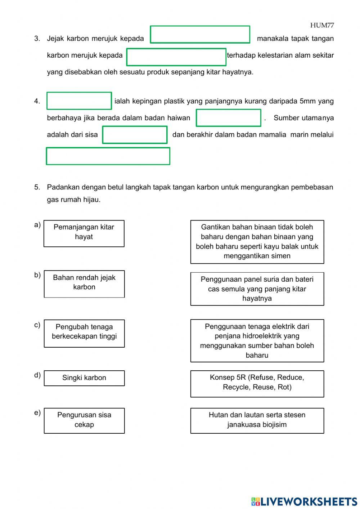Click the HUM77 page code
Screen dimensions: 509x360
point(322,25)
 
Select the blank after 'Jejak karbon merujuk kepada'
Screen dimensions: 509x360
point(200,35)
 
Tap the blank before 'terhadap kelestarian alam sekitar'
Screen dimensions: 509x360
point(176,57)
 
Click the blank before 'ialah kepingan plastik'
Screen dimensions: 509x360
point(79,101)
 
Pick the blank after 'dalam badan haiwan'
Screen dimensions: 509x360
point(228,118)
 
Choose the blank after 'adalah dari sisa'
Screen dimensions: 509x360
point(135,135)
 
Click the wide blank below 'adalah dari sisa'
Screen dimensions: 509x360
point(108,156)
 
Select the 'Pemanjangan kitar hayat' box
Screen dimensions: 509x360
point(84,233)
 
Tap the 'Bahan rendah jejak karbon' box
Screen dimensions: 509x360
point(84,284)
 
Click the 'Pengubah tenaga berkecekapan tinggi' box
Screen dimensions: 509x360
point(84,333)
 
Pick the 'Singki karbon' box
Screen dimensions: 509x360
point(84,378)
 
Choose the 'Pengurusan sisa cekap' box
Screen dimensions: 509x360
point(84,420)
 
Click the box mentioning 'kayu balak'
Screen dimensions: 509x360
point(257,242)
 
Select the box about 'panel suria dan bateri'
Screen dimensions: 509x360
point(257,289)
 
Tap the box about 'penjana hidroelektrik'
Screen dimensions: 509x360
point(257,340)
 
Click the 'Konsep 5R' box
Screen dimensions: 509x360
point(257,384)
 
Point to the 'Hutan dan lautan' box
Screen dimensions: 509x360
point(257,420)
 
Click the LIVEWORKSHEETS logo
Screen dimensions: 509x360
point(304,501)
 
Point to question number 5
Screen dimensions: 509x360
point(37,187)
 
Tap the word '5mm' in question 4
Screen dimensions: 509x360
point(307,101)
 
